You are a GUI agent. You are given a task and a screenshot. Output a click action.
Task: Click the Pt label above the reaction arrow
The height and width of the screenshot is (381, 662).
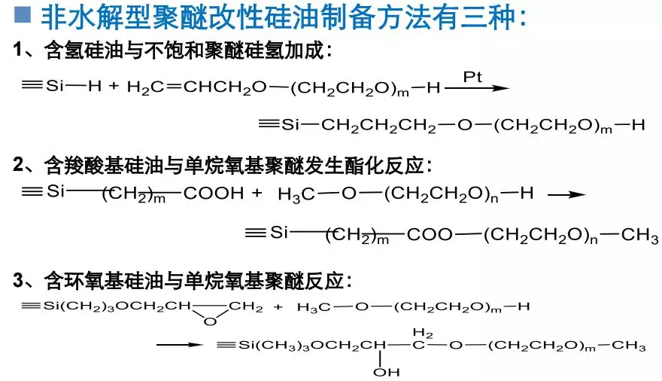472,77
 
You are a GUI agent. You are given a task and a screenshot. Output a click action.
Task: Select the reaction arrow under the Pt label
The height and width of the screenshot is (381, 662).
477,88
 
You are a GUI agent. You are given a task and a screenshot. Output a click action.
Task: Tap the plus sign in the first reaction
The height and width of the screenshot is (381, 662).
114,87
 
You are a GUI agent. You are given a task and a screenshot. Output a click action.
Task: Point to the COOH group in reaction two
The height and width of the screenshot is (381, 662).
214,194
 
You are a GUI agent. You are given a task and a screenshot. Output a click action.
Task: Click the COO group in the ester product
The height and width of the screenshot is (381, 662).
430,234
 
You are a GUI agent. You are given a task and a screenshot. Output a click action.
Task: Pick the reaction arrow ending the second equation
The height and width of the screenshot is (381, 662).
566,195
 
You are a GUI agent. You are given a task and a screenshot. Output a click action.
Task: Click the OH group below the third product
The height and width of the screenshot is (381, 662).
387,372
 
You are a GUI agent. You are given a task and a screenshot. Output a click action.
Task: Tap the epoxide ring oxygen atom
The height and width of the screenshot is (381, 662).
210,322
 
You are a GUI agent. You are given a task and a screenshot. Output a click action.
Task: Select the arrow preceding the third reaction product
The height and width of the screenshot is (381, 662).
180,345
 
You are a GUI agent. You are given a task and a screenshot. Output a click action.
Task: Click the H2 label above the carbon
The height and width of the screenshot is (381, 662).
423,334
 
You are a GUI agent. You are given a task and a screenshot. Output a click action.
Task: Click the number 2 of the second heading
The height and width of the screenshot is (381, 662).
19,164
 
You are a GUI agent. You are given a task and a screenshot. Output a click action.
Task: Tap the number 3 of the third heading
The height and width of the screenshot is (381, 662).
19,279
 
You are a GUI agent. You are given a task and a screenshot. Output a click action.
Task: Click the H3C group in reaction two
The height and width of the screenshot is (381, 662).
296,194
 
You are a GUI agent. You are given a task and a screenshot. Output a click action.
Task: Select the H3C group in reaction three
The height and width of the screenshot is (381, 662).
314,307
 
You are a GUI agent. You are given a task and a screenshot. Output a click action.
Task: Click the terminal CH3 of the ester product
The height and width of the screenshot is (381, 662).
639,235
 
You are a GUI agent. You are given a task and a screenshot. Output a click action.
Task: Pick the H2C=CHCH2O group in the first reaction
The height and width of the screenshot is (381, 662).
197,87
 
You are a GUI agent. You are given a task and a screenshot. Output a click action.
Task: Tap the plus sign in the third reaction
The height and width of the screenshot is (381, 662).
278,307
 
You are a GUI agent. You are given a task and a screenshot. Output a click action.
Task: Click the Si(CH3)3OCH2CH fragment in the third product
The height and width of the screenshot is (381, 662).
312,346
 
